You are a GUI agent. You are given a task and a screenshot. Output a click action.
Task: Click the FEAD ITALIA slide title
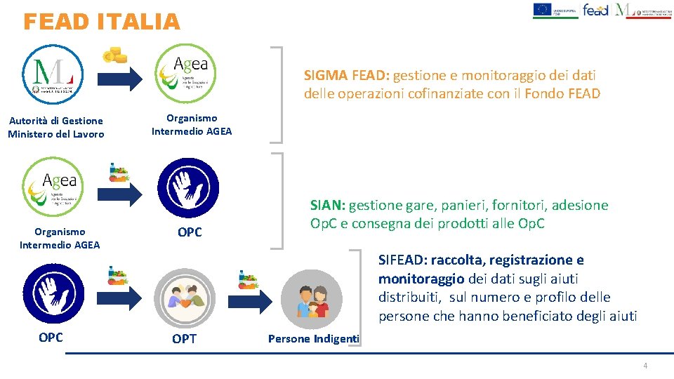click(102, 22)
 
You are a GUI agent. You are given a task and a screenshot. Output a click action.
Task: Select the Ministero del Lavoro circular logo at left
click(53, 73)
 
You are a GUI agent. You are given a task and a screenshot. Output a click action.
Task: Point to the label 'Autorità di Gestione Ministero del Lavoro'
click(56, 127)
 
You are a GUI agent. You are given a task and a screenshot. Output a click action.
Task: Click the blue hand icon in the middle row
click(185, 187)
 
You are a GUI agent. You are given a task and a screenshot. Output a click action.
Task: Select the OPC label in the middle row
click(190, 232)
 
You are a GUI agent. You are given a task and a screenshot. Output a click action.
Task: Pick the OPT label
click(185, 339)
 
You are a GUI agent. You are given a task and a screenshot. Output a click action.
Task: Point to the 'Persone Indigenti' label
click(313, 339)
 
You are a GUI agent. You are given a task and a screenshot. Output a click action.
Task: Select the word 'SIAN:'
click(328, 206)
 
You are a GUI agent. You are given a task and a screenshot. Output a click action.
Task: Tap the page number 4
click(645, 366)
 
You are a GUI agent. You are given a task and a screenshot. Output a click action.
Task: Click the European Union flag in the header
click(542, 9)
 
